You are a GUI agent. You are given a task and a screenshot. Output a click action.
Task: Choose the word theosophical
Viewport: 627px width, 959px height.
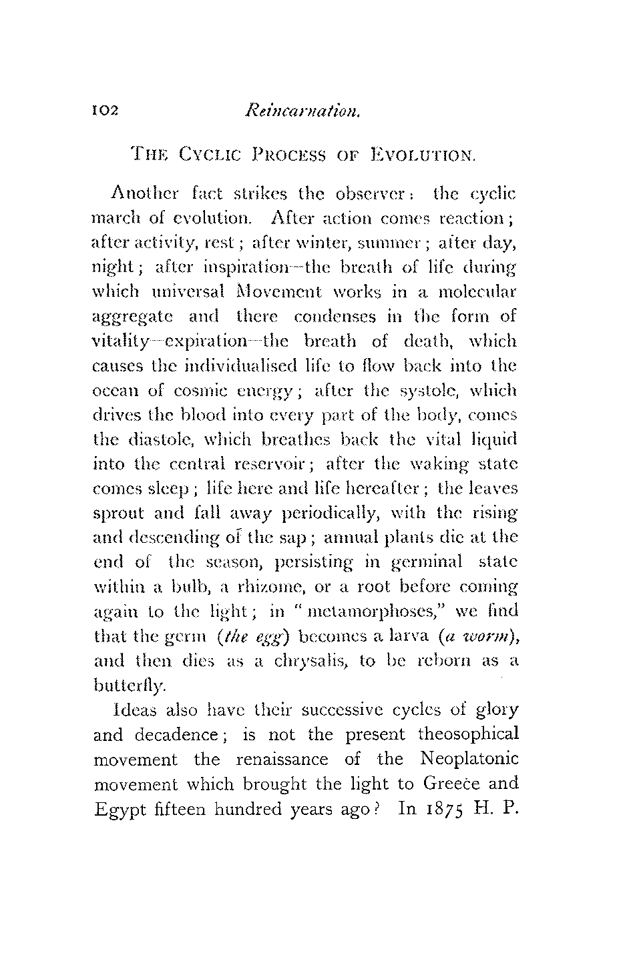[x=467, y=734]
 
